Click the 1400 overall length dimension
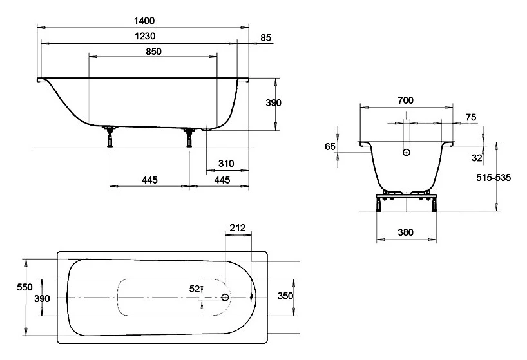point(144,21)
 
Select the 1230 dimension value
point(145,36)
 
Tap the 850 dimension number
point(153,52)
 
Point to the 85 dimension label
point(265,37)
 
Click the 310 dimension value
point(226,164)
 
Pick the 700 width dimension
point(405,100)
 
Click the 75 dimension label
point(471,117)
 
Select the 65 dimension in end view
point(330,147)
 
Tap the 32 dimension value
point(477,158)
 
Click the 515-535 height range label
point(493,178)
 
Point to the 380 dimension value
point(405,232)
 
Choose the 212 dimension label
point(238,228)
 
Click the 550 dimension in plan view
point(25,287)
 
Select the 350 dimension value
point(285,296)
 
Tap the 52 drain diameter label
point(195,289)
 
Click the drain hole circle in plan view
point(225,297)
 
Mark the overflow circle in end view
point(407,152)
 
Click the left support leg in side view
point(110,137)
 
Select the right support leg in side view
point(189,137)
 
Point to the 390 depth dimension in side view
point(273,103)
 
